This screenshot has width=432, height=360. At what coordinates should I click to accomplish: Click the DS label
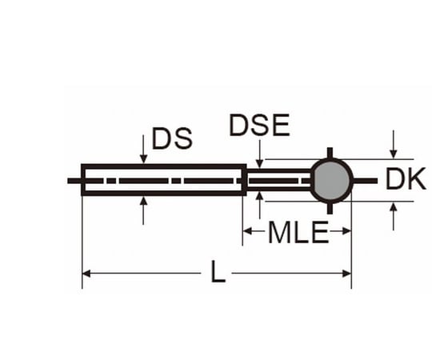[x=171, y=139]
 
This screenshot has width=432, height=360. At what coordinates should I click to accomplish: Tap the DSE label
[x=258, y=126]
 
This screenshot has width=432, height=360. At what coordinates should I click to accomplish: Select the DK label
[x=406, y=180]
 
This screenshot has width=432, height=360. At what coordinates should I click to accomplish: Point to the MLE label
[x=297, y=233]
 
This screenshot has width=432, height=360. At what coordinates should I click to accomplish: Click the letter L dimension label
[x=218, y=274]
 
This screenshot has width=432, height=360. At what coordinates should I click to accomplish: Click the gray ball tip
[x=330, y=180]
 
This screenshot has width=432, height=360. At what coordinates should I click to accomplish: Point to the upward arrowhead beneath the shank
[x=142, y=202]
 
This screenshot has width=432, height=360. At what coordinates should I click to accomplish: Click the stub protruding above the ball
[x=330, y=154]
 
